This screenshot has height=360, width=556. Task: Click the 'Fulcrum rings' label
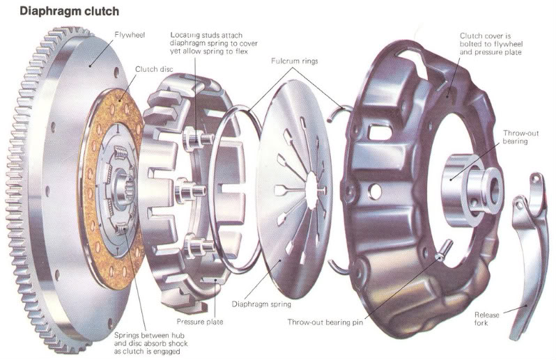294,61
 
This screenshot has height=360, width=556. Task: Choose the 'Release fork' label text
487,319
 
